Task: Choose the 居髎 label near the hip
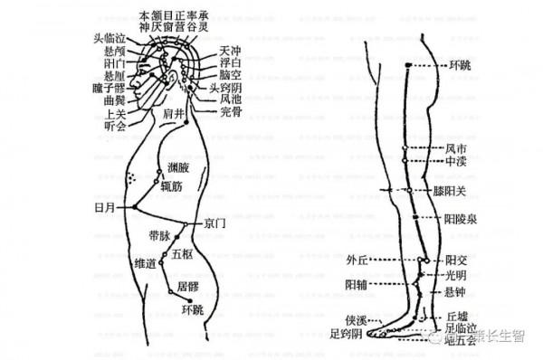tap(188, 287)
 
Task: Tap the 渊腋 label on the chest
tap(178, 168)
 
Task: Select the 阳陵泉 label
tap(461, 218)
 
